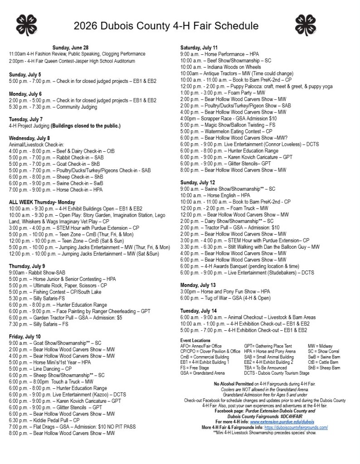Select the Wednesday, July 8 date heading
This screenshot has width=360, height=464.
pos(29,138)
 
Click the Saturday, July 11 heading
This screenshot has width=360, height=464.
pos(199,48)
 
